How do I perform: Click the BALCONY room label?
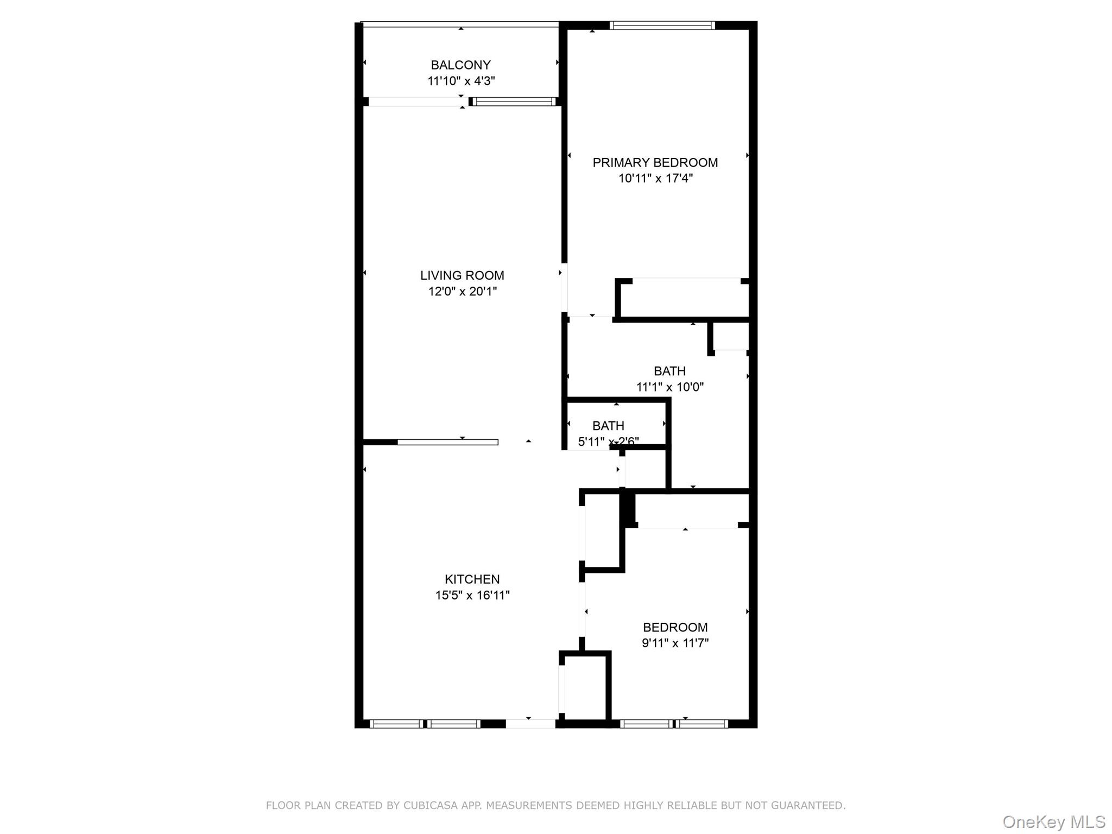coord(460,65)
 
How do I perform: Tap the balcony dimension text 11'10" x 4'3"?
coord(461,81)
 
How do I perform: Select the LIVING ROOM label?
coord(462,275)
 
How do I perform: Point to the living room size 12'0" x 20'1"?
coord(462,292)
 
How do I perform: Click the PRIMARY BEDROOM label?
coord(655,162)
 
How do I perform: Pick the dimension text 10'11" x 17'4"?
coord(655,178)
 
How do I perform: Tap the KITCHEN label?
coord(472,579)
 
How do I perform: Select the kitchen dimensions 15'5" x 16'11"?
coord(472,595)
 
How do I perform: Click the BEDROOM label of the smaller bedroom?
coord(675,627)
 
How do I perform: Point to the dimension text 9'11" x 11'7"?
coord(675,643)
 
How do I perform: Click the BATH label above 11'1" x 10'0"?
coord(669,371)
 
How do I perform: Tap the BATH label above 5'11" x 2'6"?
coord(608,426)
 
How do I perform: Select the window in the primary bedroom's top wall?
coord(662,25)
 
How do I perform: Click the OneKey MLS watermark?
coord(1053,822)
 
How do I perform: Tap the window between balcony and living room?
coord(514,102)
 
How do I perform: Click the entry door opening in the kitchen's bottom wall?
coord(530,723)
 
